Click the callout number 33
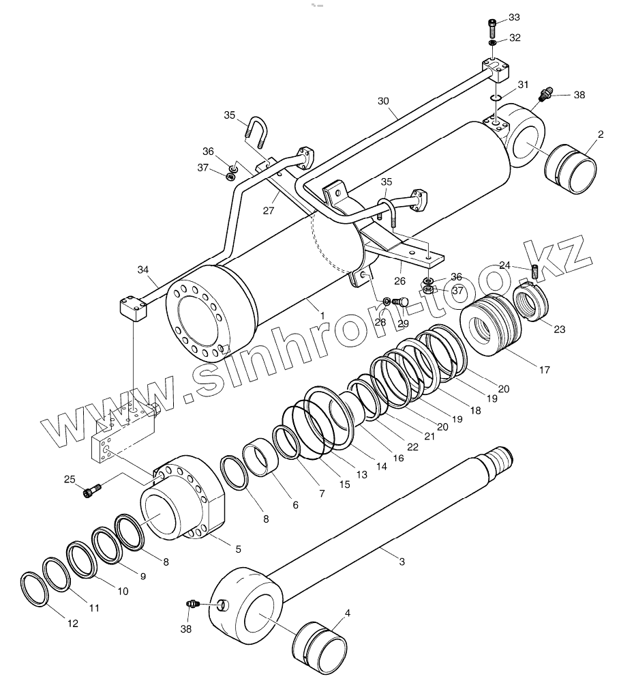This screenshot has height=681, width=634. coord(514,17)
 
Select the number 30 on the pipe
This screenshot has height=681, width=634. coord(383,101)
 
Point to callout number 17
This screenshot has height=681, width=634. coord(544,370)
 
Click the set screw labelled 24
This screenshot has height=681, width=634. coord(534,271)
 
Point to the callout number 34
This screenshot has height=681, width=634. coord(142,270)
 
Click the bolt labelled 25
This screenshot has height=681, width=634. coord(92,490)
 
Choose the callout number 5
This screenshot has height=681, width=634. coord(238,548)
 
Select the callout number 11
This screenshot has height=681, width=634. coord(94,607)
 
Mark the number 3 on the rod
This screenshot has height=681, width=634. coord(402,562)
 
